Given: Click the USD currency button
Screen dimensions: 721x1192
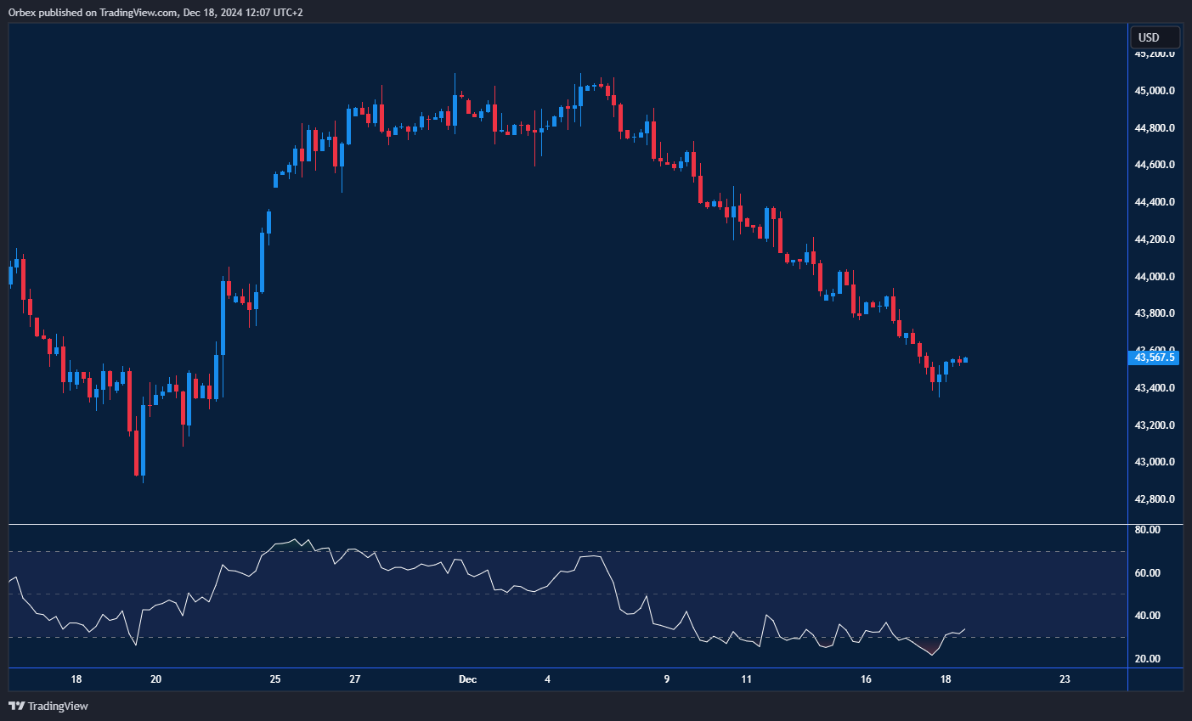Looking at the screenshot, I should pos(1154,37).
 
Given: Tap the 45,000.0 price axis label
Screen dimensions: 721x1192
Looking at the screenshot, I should pos(1155,91).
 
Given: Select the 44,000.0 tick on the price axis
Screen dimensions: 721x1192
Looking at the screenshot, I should pos(1155,277).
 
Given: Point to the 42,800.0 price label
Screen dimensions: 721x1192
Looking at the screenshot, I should pos(1155,499).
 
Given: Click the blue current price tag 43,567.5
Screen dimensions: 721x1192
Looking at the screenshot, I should pos(1155,358).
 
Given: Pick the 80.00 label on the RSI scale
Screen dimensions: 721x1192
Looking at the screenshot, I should pos(1148,530).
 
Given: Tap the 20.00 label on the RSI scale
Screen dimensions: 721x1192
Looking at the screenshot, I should pos(1148,659).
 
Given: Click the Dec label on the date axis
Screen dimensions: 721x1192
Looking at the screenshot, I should pos(467,679).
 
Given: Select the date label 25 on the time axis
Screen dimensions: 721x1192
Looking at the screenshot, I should pos(275,679).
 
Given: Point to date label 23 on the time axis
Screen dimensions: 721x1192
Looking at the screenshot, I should pos(1065,679).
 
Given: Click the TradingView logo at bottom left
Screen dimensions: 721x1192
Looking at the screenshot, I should pos(48,706).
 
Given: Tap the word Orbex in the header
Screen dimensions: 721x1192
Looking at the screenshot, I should pos(22,12).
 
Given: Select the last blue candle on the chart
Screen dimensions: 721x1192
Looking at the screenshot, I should pos(966,360).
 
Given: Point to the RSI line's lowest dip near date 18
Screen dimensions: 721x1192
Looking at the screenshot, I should pos(932,655).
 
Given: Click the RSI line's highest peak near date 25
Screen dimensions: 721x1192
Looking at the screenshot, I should pos(295,539).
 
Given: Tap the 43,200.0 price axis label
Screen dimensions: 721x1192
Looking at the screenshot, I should pos(1155,425).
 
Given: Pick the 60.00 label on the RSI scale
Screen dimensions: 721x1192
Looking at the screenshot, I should pos(1148,573).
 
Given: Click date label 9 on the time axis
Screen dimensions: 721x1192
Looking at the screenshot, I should pos(667,679).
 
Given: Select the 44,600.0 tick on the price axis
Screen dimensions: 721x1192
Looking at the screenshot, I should pos(1155,165).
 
